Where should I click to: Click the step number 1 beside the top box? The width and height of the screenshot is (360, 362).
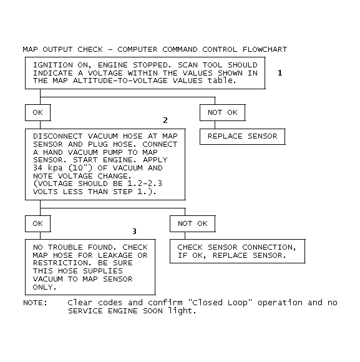coord(280,73)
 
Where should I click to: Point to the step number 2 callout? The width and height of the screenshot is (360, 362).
coord(165,120)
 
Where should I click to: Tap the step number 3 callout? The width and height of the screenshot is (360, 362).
coord(134,232)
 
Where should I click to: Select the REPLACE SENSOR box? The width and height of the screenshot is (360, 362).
coord(243,137)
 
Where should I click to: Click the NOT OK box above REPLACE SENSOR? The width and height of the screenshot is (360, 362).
coord(223,113)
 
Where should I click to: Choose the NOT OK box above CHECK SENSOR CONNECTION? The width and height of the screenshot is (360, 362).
coord(193,223)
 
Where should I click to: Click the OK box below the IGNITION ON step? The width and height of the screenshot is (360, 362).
coord(38,113)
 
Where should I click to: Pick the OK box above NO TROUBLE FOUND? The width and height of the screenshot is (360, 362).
coord(38,223)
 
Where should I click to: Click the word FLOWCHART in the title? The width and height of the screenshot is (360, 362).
coord(265,49)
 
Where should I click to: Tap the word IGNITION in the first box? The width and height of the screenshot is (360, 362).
coord(53,65)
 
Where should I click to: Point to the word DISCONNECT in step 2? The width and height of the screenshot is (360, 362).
coord(57,136)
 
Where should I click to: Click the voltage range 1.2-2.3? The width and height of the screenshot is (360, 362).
coord(145,183)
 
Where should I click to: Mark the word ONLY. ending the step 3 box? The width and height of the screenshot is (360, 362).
coord(45,287)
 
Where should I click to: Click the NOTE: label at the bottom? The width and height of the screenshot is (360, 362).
coord(36,303)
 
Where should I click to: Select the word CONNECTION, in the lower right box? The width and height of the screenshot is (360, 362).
coord(269,248)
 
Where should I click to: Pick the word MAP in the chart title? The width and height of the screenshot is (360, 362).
coord(30,49)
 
